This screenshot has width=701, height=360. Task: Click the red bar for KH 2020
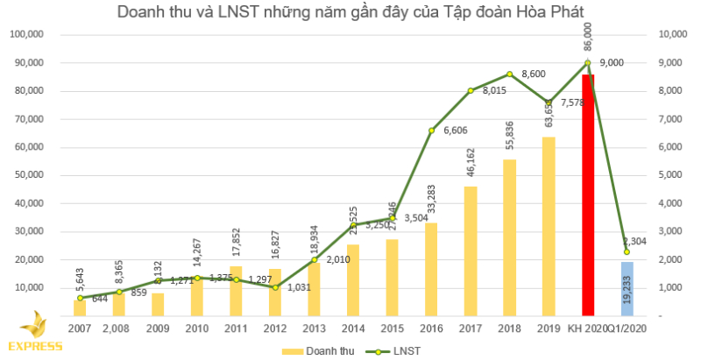tap(587, 195)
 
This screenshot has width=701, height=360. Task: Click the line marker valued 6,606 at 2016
tap(432, 131)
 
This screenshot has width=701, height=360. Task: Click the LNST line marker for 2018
tap(509, 74)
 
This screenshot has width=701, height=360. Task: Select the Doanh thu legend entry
tap(306, 349)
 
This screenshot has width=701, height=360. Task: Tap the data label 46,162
tap(471, 166)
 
